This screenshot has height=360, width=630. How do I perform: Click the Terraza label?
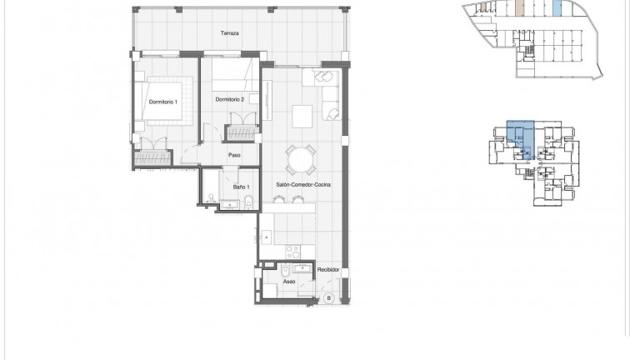coord(230,33)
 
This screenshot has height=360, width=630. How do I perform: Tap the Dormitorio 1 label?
coord(164,102)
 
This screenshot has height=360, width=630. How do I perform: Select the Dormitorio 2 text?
coord(229,99)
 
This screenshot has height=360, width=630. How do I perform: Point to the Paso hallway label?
coord(235,154)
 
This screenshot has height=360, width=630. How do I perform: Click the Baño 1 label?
coord(240,187)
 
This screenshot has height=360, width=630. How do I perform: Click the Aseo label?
coord(289,282)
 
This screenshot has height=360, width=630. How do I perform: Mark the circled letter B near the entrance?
coord(328,297)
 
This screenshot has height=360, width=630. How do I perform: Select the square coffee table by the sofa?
coord(302,114)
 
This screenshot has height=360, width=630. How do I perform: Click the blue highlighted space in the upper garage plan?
coord(557,10)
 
